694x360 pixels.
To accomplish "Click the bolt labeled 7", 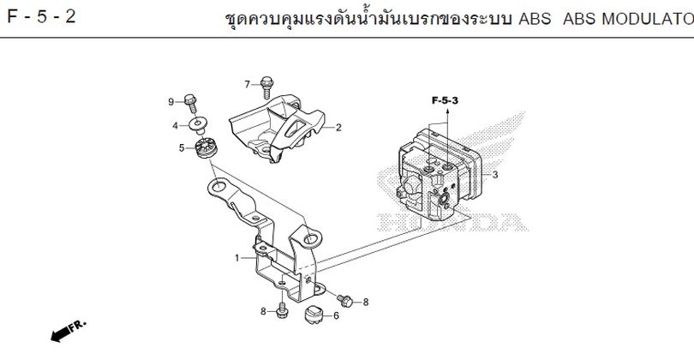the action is [x=266, y=87].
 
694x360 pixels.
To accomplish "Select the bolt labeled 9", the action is [x=191, y=104].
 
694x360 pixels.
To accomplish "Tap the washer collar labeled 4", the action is [x=198, y=125].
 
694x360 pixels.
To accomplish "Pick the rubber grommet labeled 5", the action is [x=206, y=148].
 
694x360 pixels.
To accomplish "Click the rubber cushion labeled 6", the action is [x=314, y=314].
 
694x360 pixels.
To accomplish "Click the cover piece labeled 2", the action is [x=278, y=128].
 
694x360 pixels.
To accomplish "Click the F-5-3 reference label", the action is [x=445, y=100].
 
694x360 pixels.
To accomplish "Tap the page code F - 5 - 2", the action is [x=42, y=17].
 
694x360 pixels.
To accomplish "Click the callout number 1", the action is [x=237, y=258].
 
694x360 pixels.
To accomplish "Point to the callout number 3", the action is [x=495, y=175].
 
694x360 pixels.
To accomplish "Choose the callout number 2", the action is [x=338, y=128].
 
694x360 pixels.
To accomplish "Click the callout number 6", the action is [x=336, y=315].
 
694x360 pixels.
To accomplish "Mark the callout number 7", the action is [x=248, y=84].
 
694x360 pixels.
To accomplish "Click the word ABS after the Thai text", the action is [x=535, y=19].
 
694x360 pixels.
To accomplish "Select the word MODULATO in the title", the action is [x=648, y=19].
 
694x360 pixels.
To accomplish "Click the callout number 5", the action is [x=182, y=148].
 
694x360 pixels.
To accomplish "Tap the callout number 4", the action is [x=176, y=126].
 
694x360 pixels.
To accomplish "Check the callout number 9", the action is [x=171, y=102].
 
